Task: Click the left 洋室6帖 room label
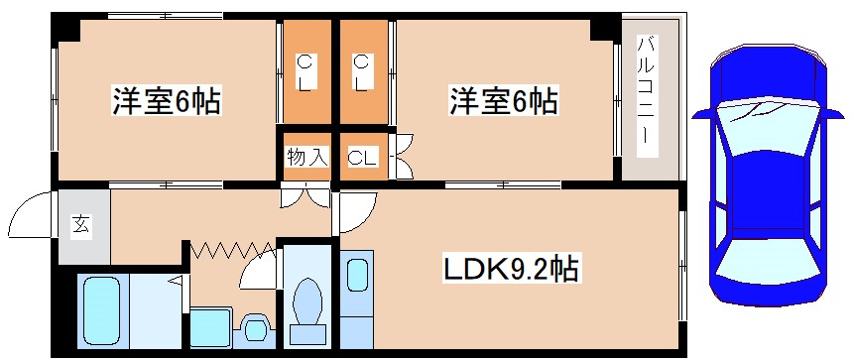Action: tap(167, 101)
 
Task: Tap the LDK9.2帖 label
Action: tap(510, 268)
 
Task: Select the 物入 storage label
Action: tap(306, 157)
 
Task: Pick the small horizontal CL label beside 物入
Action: tap(361, 157)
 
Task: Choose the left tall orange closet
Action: tap(306, 74)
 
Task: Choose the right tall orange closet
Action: tap(363, 74)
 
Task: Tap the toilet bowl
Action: tap(309, 303)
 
